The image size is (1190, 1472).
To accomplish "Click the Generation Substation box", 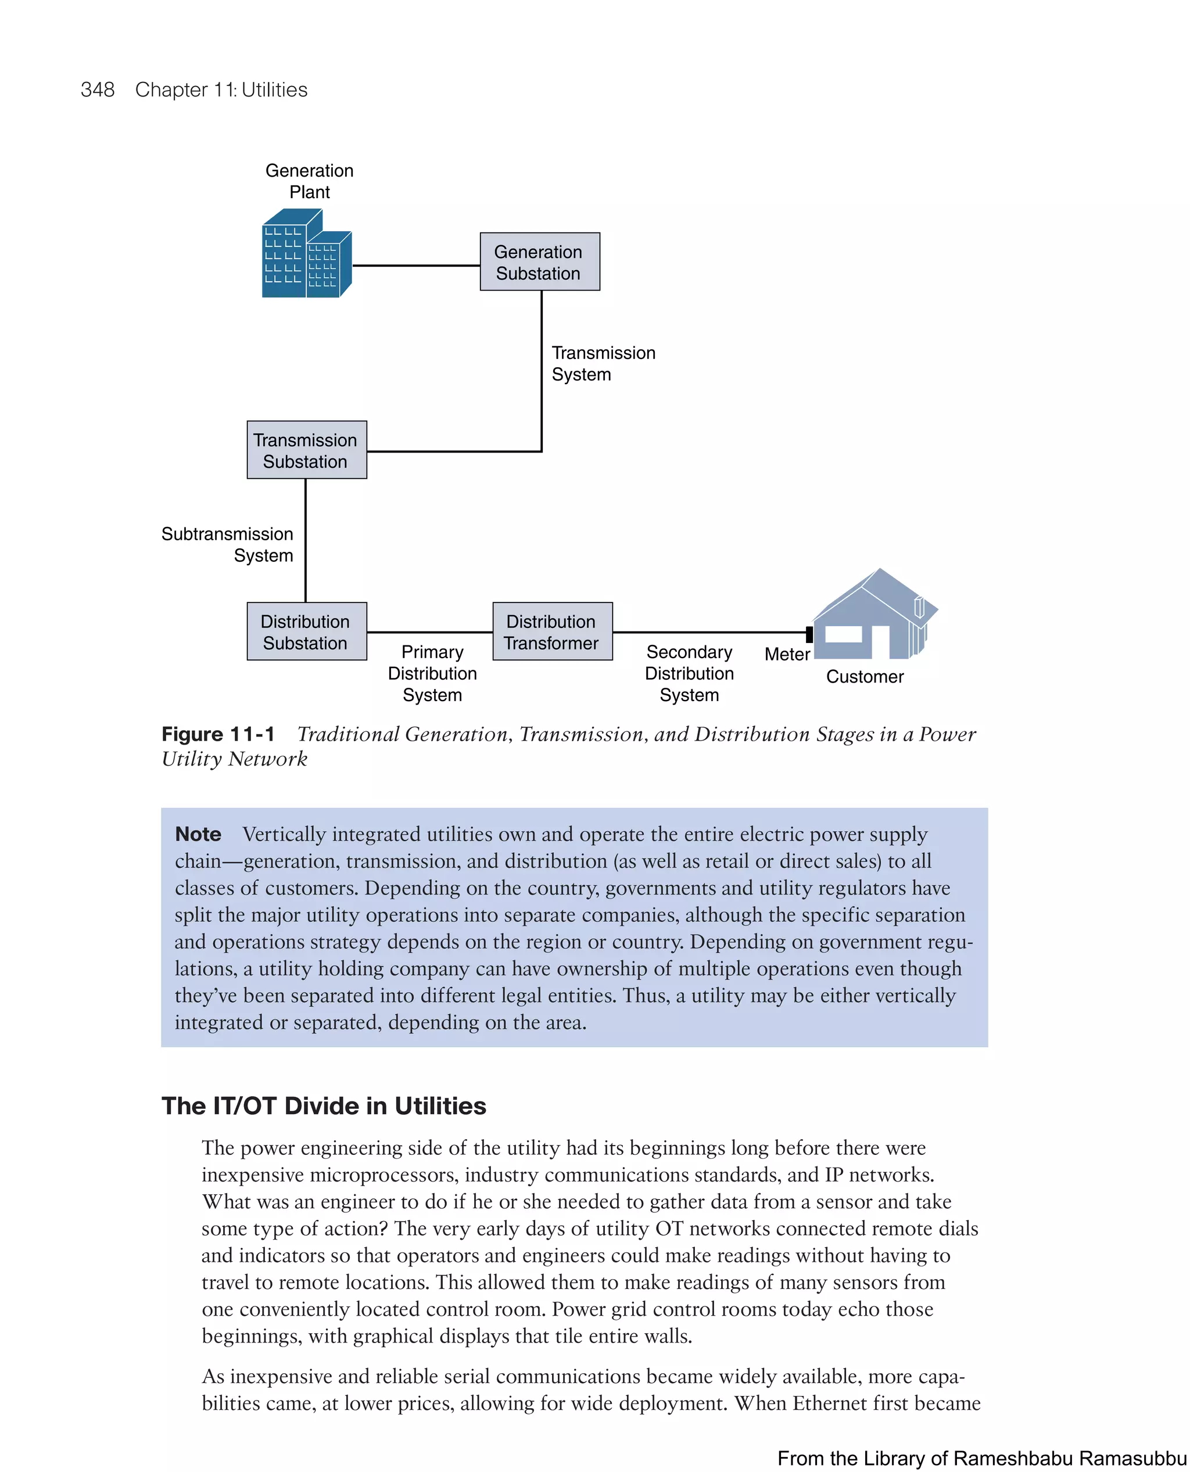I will pyautogui.click(x=539, y=262).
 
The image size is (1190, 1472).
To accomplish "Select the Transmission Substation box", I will pyautogui.click(x=306, y=450).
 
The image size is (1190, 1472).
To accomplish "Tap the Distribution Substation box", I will pyautogui.click(x=306, y=631).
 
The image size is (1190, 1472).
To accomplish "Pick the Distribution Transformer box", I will pyautogui.click(x=552, y=631).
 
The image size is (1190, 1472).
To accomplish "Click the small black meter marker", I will pyautogui.click(x=809, y=634).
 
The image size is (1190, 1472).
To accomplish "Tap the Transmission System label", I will pyautogui.click(x=603, y=363).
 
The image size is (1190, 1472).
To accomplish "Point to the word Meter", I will pyautogui.click(x=787, y=655).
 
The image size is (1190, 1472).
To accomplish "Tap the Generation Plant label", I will pyautogui.click(x=309, y=181).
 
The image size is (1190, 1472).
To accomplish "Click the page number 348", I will pyautogui.click(x=98, y=90).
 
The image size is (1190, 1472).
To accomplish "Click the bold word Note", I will pyautogui.click(x=198, y=834).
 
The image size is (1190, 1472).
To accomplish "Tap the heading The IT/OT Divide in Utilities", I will pyautogui.click(x=324, y=1105).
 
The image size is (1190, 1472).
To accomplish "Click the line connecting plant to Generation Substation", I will pyautogui.click(x=415, y=265).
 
